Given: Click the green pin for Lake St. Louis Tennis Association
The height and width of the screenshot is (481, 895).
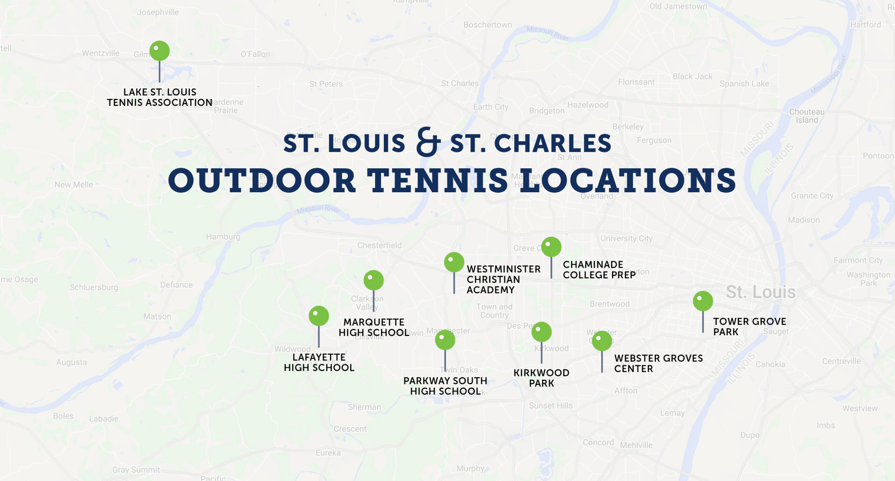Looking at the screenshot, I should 159,51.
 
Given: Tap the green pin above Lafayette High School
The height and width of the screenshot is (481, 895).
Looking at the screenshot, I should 318,316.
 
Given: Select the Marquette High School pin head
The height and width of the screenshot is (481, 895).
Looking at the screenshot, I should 373,280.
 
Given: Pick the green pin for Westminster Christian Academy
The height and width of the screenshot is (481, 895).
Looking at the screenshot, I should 454,262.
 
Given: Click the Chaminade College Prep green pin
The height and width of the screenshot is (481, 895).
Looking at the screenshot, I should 551,247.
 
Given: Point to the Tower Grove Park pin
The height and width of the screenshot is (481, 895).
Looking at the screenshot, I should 703,301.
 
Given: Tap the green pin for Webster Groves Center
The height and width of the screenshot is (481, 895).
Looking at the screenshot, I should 602,341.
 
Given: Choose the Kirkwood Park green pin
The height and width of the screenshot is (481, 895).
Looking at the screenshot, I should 541,332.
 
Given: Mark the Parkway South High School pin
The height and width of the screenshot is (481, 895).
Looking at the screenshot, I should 445,340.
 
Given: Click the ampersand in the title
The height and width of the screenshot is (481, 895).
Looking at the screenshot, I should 428,142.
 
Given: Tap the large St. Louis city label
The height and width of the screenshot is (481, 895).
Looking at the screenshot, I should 760,292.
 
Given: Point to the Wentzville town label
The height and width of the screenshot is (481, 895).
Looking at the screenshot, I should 101,53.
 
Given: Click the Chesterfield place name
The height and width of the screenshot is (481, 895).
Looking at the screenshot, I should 379,245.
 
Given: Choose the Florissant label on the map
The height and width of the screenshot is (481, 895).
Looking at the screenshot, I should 636,82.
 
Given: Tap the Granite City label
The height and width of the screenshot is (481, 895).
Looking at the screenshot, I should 812,196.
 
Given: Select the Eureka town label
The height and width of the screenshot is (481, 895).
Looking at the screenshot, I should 328,453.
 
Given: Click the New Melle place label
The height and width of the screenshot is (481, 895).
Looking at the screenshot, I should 74,185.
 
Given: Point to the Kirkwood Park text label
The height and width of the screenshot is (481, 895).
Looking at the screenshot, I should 541,378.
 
